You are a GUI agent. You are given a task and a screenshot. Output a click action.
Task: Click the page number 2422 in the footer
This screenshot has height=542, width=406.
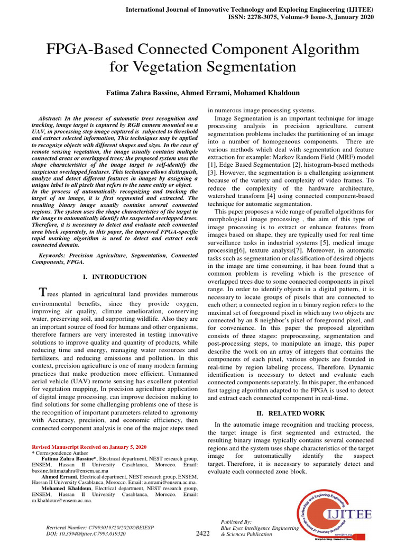point(203,534)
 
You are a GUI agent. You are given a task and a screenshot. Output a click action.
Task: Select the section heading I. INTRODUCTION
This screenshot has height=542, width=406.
point(115,277)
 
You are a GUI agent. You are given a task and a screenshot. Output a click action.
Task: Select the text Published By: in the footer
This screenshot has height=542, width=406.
point(236,522)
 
